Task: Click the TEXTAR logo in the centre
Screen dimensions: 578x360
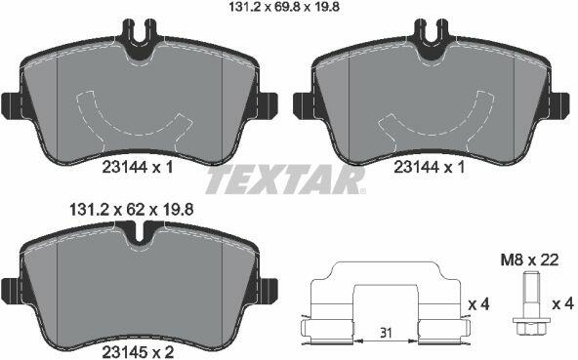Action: coord(286,180)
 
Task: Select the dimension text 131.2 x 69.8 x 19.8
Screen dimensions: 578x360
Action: coord(284,7)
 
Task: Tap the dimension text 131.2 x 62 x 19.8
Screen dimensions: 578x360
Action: coord(132,210)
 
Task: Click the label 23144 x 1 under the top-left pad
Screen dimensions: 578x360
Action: coord(137,168)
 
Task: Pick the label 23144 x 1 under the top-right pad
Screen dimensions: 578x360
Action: coord(429,168)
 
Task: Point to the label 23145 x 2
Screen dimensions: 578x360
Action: coord(138,351)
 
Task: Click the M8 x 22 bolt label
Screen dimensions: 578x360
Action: coord(529,260)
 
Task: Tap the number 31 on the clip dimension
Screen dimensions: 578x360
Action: coord(386,334)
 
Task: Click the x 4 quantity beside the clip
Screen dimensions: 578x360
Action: coord(478,304)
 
